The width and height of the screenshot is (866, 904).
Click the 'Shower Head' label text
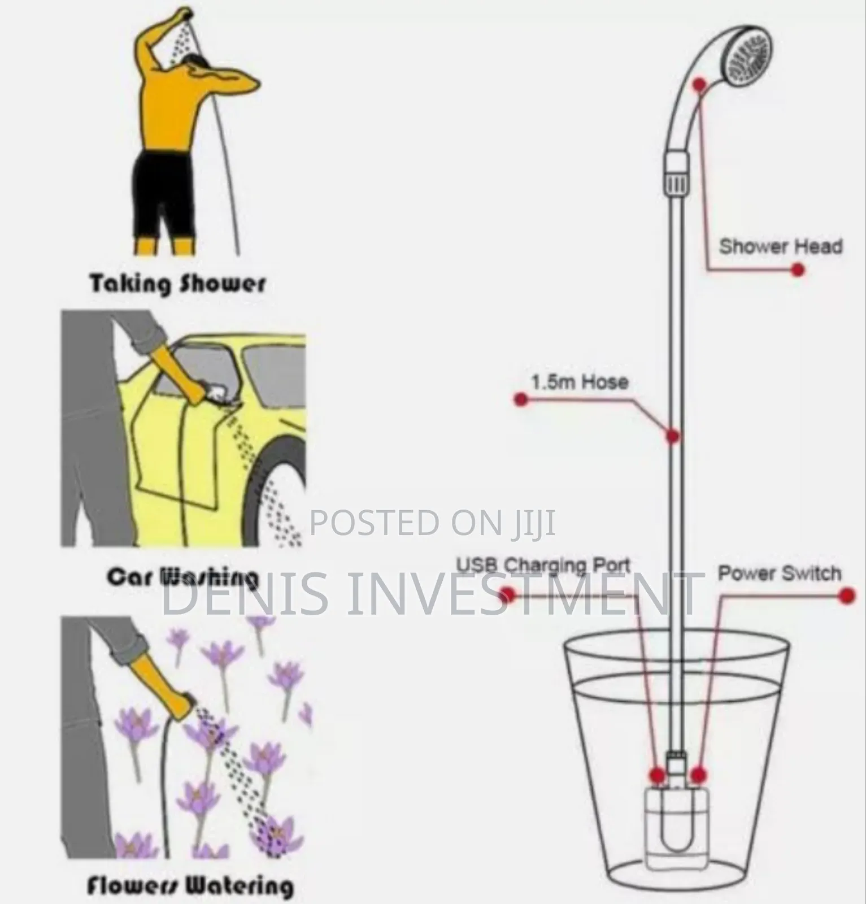[780, 246]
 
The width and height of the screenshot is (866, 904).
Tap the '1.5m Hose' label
[580, 382]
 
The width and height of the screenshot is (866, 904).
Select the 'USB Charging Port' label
[543, 565]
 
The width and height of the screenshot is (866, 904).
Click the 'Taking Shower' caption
[177, 284]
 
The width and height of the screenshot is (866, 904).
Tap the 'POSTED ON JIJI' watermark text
[433, 523]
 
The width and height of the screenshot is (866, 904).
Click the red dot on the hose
[672, 436]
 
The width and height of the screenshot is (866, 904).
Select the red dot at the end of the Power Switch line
[846, 596]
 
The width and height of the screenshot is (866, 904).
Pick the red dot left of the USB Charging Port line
[507, 594]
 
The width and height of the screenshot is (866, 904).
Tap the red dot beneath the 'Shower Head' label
[797, 270]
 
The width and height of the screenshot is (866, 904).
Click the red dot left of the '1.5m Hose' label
[521, 400]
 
